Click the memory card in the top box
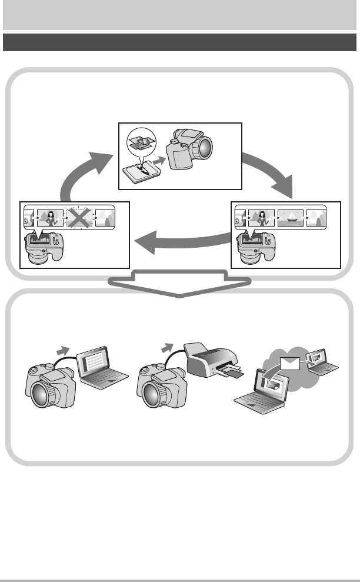[x=142, y=174]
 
